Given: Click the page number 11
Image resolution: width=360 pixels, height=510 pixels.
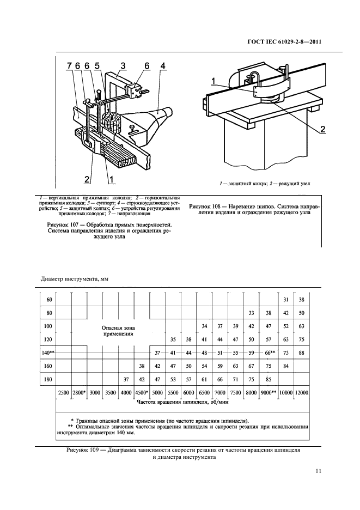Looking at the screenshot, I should (x=318, y=472).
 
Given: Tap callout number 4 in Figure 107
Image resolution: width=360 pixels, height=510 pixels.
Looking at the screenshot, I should (x=163, y=66).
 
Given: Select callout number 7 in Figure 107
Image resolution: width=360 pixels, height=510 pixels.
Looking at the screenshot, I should (x=70, y=66).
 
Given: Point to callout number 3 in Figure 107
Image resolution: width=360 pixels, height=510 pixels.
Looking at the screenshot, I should (x=123, y=66).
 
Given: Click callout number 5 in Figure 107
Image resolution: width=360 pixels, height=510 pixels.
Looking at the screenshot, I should (x=97, y=66).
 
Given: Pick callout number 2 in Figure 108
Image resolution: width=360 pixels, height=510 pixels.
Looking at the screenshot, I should (x=322, y=129).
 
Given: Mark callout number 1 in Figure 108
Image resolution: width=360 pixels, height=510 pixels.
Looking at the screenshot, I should (x=214, y=81).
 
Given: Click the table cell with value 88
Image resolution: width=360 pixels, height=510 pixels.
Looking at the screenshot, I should (x=301, y=353).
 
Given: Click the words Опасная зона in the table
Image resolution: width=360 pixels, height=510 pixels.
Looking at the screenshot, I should (x=118, y=327).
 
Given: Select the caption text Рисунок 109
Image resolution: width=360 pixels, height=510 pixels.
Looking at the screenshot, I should (x=84, y=451).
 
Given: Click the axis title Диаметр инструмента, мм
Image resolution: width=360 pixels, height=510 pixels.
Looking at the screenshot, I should (x=75, y=279).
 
